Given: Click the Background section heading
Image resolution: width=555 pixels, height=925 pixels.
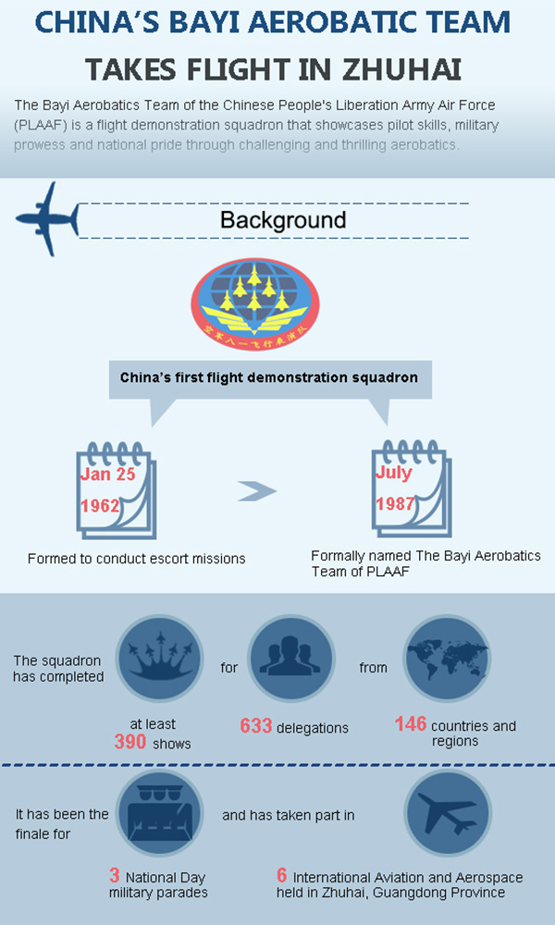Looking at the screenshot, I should [x=283, y=220].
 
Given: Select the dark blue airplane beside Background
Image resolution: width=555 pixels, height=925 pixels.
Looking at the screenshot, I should [x=47, y=218].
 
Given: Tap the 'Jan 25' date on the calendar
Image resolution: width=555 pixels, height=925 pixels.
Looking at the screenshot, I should [x=108, y=474].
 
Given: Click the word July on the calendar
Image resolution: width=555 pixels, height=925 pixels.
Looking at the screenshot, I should [x=393, y=473].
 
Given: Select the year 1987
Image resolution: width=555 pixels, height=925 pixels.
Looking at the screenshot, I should [x=396, y=504].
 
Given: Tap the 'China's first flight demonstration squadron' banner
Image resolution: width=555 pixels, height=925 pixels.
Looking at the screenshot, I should [x=269, y=378].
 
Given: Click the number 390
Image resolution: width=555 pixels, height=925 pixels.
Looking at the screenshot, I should [x=130, y=742].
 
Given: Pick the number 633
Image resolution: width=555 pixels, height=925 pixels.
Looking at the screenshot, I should [x=255, y=726].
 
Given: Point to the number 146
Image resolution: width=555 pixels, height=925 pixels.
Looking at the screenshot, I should [x=410, y=724].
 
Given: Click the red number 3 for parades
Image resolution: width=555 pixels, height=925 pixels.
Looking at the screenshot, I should [x=115, y=875].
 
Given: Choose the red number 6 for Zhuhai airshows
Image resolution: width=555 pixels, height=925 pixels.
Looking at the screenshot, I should [x=281, y=875].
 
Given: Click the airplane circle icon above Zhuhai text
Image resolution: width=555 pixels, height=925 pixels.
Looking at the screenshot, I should [x=447, y=812].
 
